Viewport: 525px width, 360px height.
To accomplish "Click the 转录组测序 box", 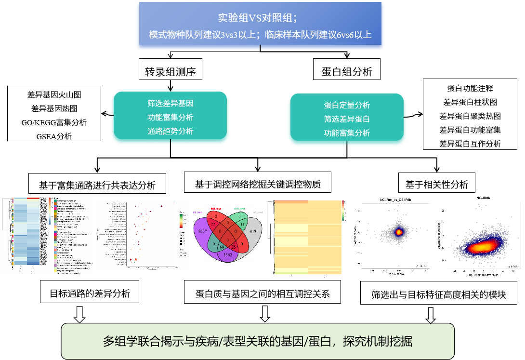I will [170, 71].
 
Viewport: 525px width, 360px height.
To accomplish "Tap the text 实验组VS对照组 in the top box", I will [260, 18].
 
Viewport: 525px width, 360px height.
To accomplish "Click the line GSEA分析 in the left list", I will [54, 136].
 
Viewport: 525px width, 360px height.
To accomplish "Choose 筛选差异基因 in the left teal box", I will [171, 103].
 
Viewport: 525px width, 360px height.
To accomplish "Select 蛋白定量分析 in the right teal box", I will [347, 105].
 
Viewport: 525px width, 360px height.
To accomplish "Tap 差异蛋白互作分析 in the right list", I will [470, 144].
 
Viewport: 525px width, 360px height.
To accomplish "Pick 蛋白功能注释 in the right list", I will [470, 88].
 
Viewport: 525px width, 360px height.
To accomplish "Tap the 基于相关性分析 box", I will [437, 184].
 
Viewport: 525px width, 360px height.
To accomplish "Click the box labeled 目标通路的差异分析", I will [90, 293].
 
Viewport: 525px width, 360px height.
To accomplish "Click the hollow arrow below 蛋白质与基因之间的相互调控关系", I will [264, 314].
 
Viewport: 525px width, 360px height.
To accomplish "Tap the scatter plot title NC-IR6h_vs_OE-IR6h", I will [397, 199].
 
